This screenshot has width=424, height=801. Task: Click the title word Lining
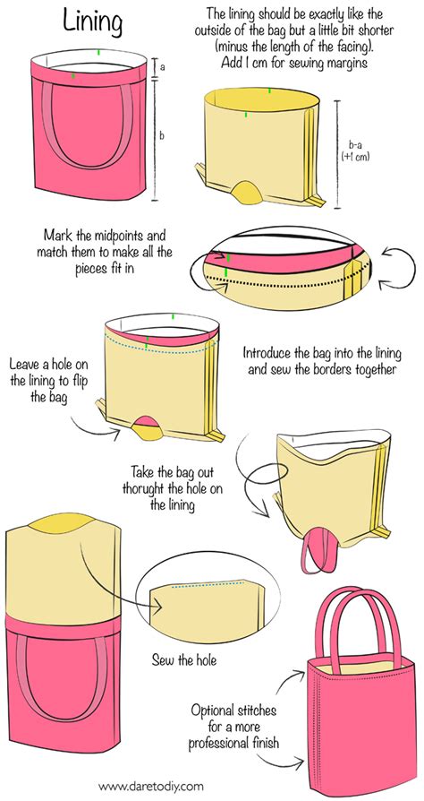(94, 20)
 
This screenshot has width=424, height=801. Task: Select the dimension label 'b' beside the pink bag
(160, 135)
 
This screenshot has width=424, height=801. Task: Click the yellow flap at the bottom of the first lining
(245, 190)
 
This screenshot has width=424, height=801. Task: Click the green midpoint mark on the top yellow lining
(268, 90)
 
